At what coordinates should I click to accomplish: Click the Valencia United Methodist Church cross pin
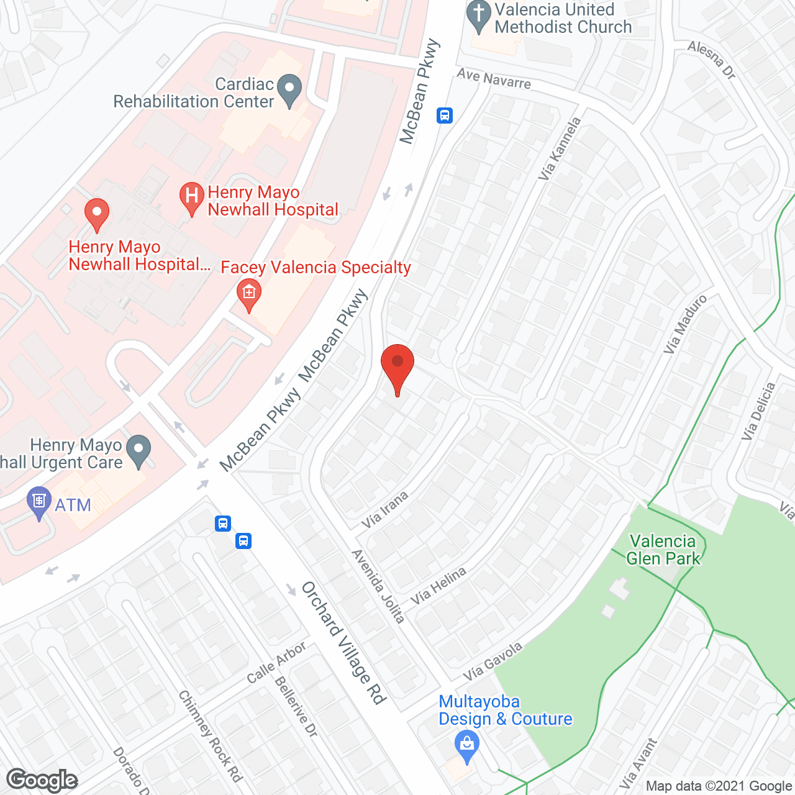478,18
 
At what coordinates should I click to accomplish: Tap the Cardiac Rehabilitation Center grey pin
289,90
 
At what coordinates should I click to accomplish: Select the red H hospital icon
192,197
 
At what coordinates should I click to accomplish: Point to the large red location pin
397,366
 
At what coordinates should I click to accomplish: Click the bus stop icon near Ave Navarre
445,116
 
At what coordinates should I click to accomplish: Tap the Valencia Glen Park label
663,550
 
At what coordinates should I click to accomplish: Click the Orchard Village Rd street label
343,642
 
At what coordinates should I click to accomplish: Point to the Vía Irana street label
385,510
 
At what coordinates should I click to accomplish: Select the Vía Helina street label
438,586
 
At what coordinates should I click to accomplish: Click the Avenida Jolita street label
378,586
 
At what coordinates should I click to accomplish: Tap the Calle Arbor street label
276,662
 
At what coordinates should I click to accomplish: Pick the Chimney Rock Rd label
210,735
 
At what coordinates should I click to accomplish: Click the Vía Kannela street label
560,149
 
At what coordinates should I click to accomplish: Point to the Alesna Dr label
712,60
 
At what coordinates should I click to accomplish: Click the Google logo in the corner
42,780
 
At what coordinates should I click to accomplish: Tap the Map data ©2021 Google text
719,786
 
